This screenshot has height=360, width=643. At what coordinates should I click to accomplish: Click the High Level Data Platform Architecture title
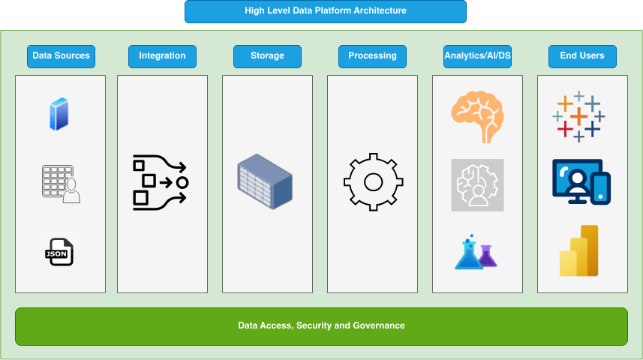point(326,11)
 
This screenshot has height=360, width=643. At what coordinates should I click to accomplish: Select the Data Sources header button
point(61,56)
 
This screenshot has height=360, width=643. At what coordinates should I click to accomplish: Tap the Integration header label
point(162,56)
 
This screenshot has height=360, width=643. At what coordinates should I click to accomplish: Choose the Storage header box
point(267,56)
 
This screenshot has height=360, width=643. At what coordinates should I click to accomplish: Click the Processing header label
point(372,56)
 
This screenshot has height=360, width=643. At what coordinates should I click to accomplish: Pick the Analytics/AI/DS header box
point(477,56)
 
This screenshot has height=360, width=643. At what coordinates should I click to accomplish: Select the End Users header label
point(581,56)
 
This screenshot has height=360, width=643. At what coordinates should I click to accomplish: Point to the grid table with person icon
point(61,184)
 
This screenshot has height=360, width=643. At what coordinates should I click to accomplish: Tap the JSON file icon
point(59,251)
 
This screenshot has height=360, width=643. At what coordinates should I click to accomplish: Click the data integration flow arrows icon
point(161,181)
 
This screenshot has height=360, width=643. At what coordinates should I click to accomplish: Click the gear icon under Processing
point(373,181)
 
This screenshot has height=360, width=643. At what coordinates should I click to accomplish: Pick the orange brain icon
point(477,115)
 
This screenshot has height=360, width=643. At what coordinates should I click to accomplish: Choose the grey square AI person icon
point(477,184)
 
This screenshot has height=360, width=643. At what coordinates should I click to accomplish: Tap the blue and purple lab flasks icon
point(476,252)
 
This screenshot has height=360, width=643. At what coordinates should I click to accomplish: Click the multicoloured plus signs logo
point(579,117)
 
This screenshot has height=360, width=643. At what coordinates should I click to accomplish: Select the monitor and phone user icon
point(581,181)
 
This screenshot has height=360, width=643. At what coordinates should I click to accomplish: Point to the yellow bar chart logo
point(579,250)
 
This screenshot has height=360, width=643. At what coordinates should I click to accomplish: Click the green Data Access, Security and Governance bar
point(321,326)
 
